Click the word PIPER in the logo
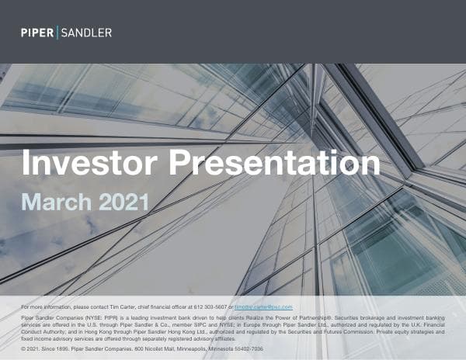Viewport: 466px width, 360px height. [x=37, y=33]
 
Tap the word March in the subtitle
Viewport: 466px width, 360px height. [x=57, y=202]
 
